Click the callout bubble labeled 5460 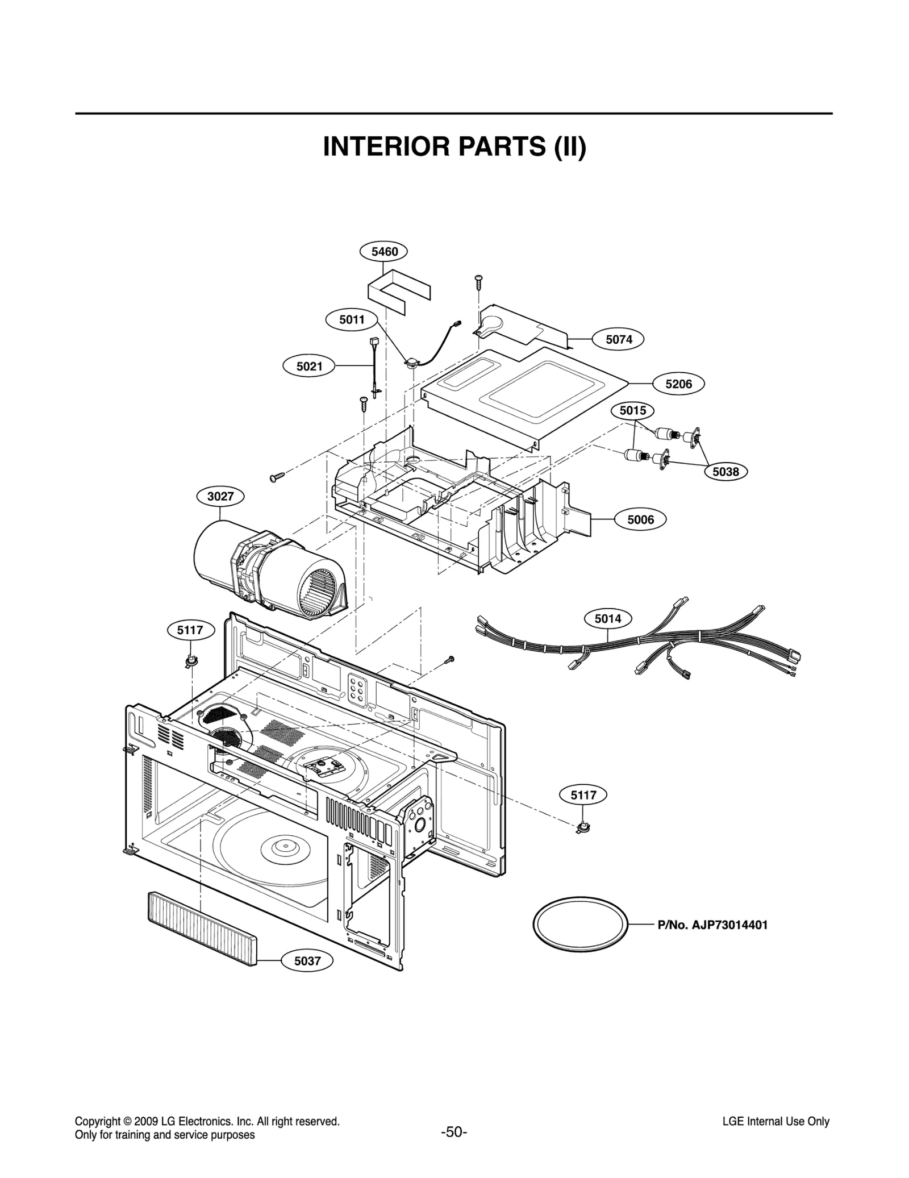385,251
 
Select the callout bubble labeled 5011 352,320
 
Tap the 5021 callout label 309,367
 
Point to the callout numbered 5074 618,340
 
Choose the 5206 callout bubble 678,384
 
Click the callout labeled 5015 632,410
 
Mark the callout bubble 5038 725,472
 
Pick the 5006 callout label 640,519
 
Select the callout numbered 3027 220,497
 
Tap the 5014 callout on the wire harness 608,618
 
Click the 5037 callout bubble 307,961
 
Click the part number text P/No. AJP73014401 712,925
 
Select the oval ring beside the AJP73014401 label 581,924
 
